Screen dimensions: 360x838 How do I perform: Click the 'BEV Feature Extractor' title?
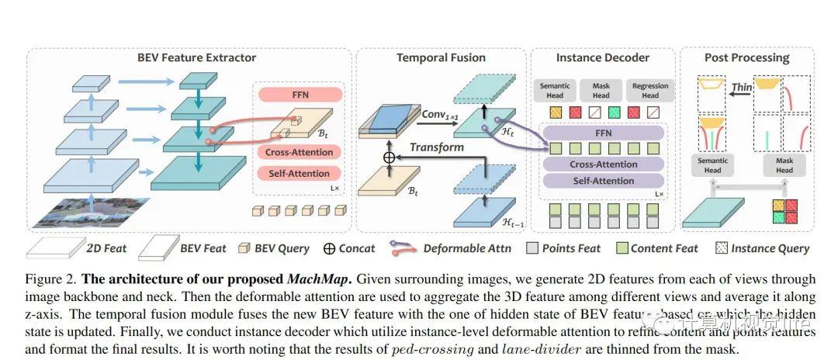coord(196,57)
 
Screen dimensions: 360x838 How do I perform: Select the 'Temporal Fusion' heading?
coord(441,57)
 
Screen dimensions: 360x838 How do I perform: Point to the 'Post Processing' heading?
coord(746,57)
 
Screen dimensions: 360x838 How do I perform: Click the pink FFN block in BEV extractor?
coord(300,95)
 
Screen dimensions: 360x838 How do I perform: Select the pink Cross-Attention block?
coord(300,152)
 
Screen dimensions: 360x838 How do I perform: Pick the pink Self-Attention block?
coord(300,173)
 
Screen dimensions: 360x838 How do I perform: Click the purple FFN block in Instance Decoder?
coord(603,133)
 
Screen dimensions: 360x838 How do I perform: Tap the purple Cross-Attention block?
coord(603,164)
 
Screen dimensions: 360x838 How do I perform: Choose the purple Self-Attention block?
coord(603,181)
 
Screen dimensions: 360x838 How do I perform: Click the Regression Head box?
coord(649,90)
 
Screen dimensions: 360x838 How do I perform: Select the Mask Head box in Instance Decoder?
coord(601,90)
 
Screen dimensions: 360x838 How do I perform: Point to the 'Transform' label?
coord(437,147)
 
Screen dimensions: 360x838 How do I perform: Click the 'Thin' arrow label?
coord(742,88)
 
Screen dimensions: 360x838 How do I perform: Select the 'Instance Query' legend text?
coord(770,248)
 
